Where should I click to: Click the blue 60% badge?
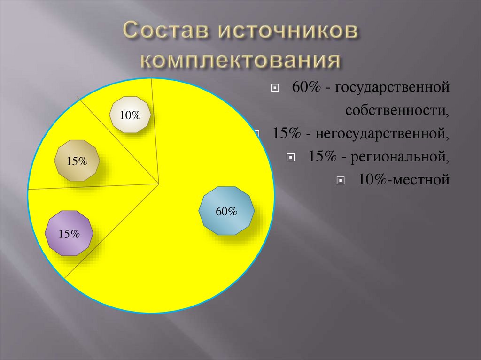pos(226,211)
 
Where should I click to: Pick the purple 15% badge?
pos(69,234)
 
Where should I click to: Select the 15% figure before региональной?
pos(322,156)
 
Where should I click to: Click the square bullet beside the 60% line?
pos(275,88)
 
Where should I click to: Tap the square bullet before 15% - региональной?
pos(292,157)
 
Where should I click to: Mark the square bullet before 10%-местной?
pos(341,180)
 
